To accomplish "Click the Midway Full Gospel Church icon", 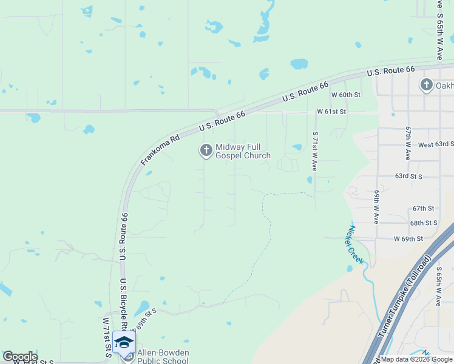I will pyautogui.click(x=206, y=150).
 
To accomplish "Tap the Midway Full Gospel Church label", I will pyautogui.click(x=242, y=152).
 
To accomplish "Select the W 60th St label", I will pyautogui.click(x=345, y=95).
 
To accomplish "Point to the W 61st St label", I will pyautogui.click(x=331, y=112).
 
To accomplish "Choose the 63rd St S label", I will pyautogui.click(x=408, y=176).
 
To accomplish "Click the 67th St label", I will pyautogui.click(x=423, y=208).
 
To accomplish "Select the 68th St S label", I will pyautogui.click(x=424, y=223).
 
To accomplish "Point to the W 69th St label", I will pyautogui.click(x=408, y=239).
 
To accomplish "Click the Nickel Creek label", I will pyautogui.click(x=355, y=245).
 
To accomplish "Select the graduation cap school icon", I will pyautogui.click(x=124, y=342).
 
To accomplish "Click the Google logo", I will pyautogui.click(x=19, y=357).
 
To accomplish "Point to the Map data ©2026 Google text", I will pyautogui.click(x=416, y=359).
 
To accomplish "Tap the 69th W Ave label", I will pyautogui.click(x=376, y=206).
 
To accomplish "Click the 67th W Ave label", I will pyautogui.click(x=408, y=143).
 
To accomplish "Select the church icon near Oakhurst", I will pyautogui.click(x=427, y=86).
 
